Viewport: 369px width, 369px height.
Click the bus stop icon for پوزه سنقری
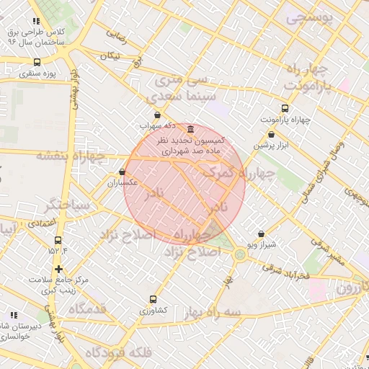[x=37, y=61]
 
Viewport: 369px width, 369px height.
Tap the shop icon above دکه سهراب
[x=157, y=115]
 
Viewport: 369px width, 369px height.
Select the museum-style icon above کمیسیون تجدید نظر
[x=190, y=129]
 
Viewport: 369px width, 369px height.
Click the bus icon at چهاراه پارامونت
[x=285, y=109]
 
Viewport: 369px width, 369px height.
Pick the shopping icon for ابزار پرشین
[x=271, y=134]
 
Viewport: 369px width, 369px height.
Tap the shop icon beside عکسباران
[x=121, y=172]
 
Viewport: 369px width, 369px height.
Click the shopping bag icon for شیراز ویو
[x=261, y=234]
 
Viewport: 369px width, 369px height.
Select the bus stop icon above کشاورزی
[x=153, y=299]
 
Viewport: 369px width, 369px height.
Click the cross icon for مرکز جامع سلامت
[x=59, y=269]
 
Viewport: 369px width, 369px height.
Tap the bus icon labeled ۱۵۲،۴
[x=58, y=241]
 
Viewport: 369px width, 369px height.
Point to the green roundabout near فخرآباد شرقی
[x=239, y=253]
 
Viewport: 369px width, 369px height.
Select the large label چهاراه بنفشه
[x=71, y=156]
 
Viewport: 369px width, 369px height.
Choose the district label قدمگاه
[x=87, y=308]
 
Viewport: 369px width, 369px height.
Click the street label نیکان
[x=109, y=55]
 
